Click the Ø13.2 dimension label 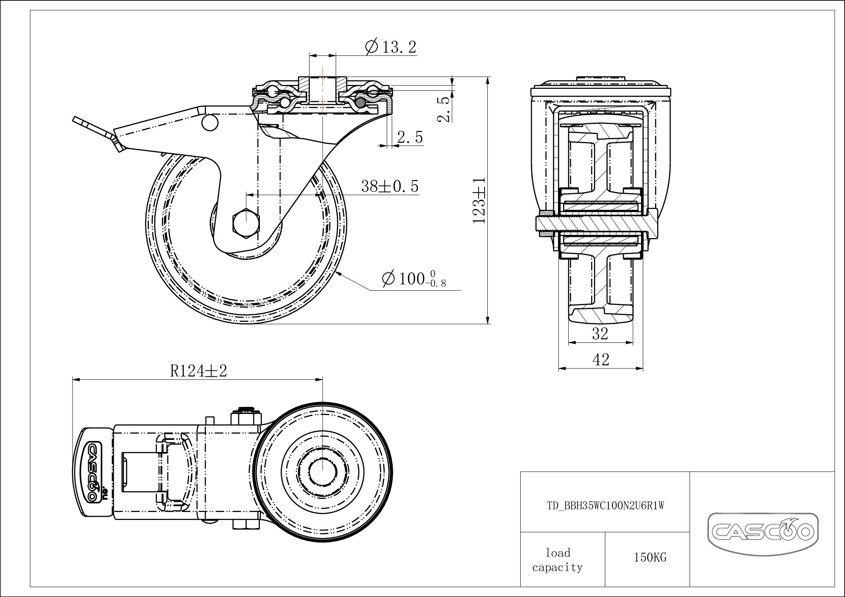[x=390, y=47]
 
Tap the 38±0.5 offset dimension [x=389, y=186]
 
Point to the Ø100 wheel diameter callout [x=413, y=278]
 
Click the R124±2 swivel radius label [x=198, y=371]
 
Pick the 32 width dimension [x=600, y=333]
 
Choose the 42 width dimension [x=601, y=360]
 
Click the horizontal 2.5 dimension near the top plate [x=410, y=138]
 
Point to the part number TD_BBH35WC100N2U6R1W [x=605, y=506]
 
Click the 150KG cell [x=650, y=557]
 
